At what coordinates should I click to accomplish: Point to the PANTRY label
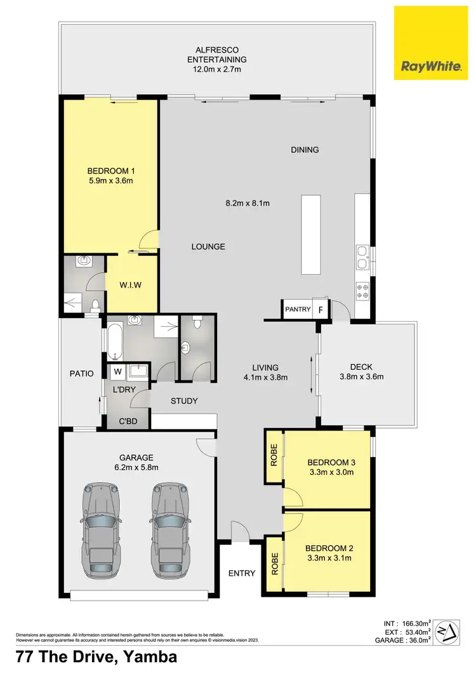pos(298,310)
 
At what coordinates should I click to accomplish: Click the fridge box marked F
pos(321,310)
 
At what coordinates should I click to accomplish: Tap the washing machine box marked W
pos(117,372)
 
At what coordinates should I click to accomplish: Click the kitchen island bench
pos(310,235)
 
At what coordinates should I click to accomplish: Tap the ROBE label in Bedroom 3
pos(274,457)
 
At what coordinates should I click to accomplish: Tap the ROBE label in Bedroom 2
pos(274,564)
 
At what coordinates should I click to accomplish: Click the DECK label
pos(361,366)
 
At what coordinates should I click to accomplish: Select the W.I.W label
pos(131,285)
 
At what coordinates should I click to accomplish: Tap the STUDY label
pos(185,401)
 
